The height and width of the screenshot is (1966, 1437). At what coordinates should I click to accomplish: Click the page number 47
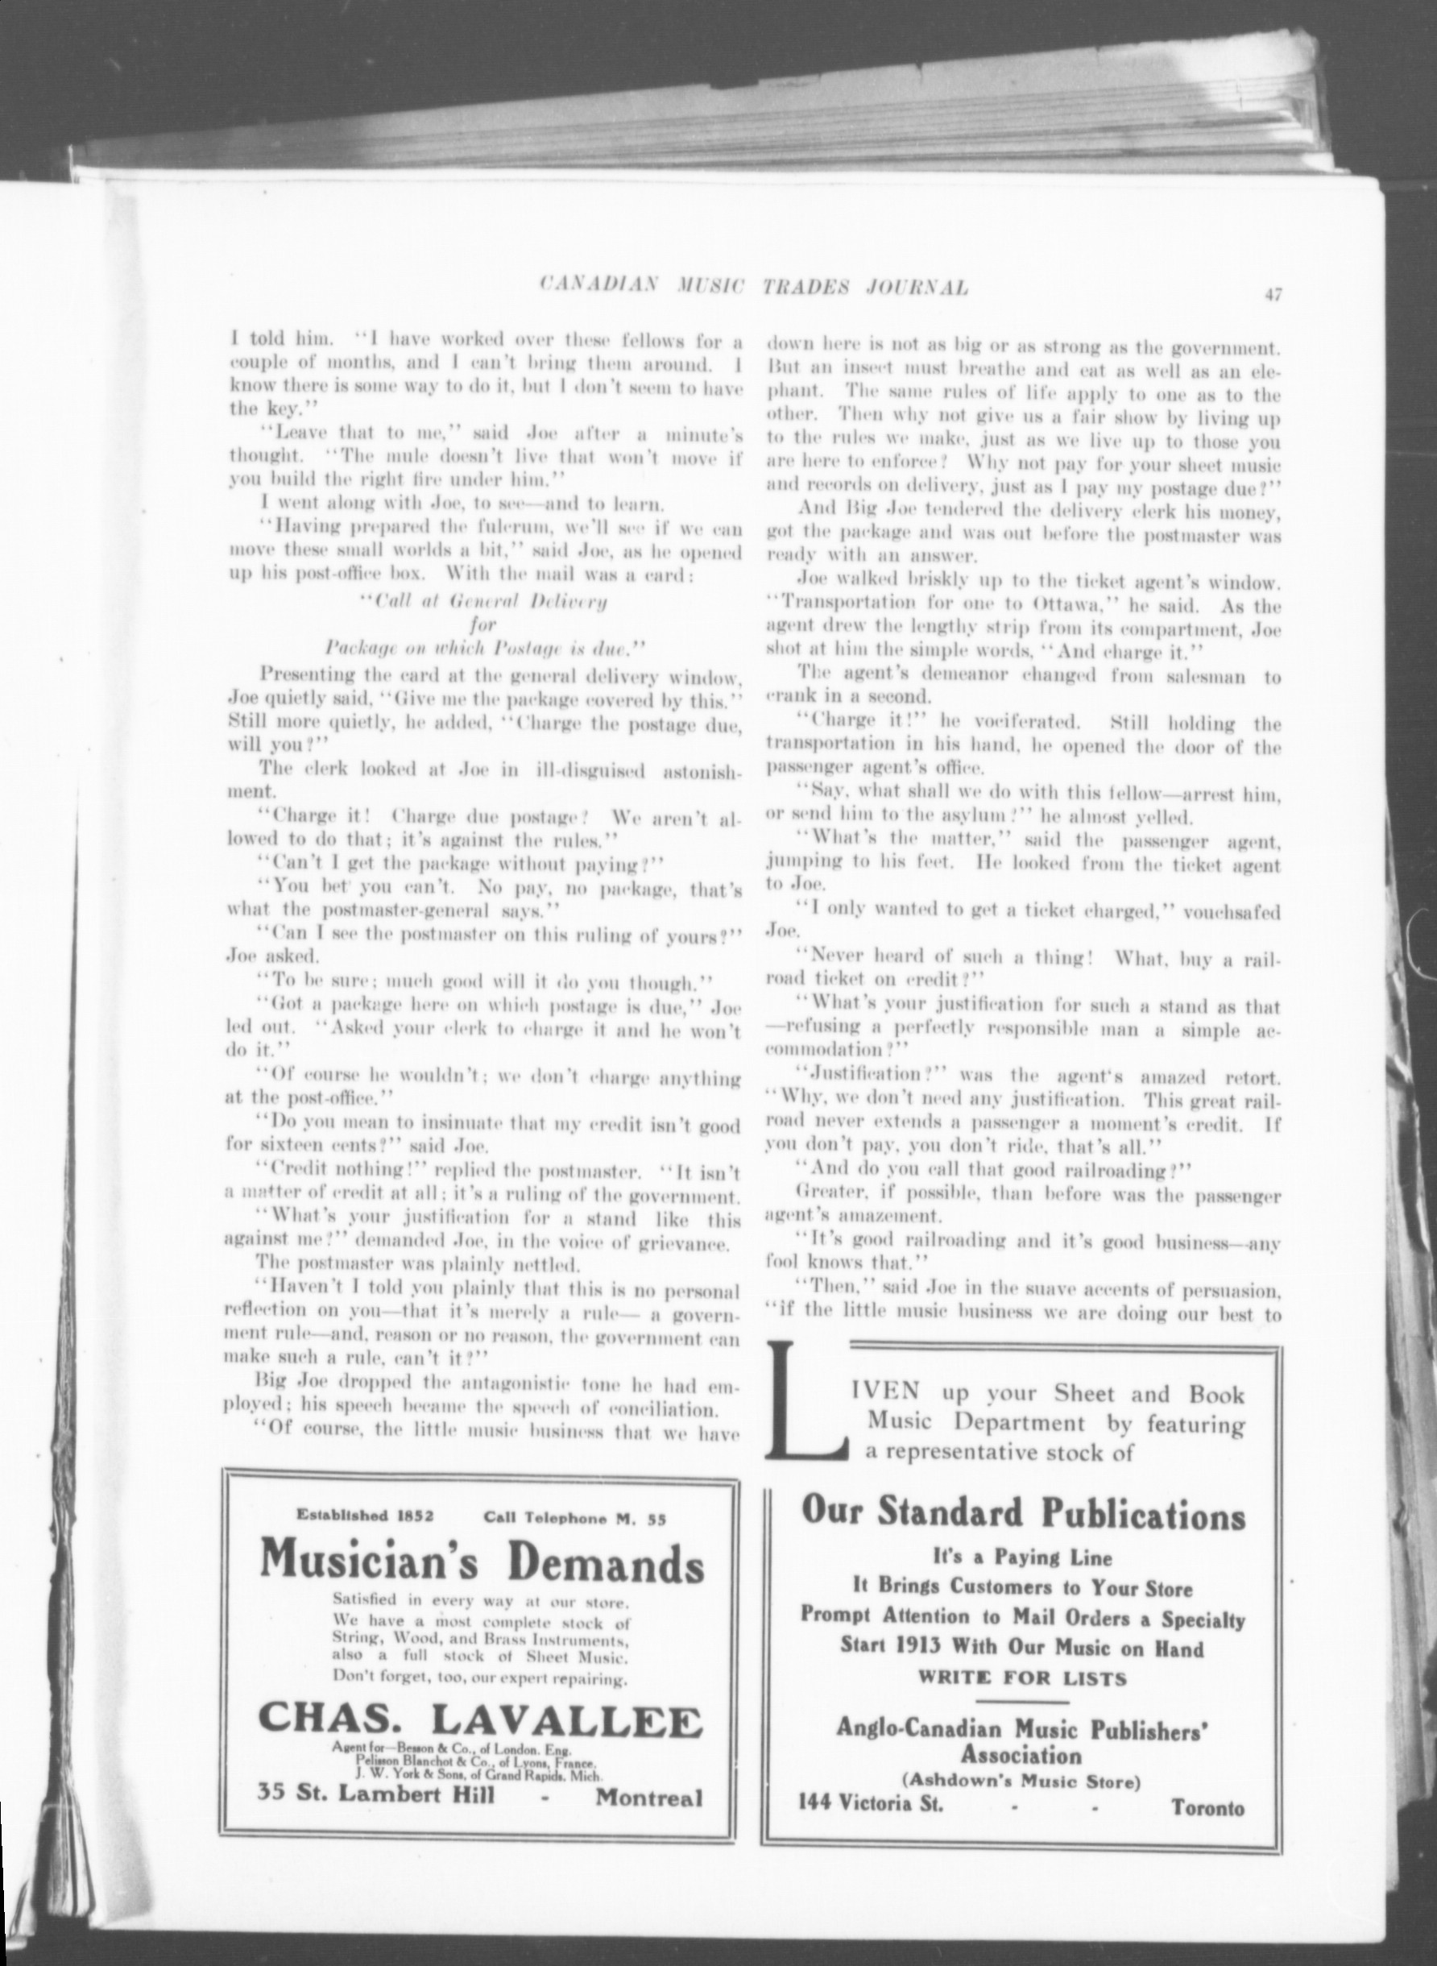1273,295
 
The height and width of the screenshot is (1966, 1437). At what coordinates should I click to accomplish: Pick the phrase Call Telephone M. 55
575,1519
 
